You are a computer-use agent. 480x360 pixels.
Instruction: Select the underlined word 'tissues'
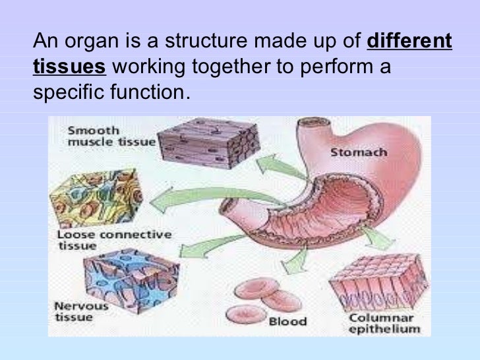(69, 67)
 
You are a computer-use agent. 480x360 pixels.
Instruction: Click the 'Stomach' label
(358, 153)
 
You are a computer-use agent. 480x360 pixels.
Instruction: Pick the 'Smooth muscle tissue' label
(110, 136)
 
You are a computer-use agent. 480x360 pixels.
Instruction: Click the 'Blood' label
(288, 322)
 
